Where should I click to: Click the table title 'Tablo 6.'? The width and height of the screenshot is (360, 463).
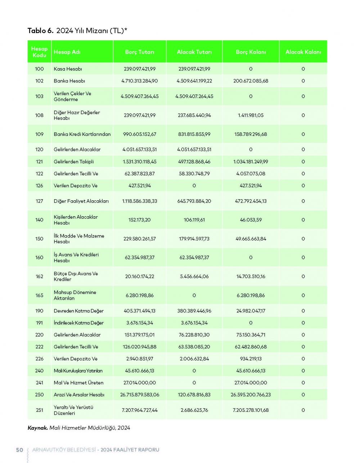(40, 31)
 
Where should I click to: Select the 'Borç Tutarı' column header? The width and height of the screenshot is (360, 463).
(140, 52)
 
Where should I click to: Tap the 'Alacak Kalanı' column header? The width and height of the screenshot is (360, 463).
(303, 52)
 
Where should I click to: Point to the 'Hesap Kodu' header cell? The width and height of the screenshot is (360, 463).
(39, 52)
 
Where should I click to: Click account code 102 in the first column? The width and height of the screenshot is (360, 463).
(39, 81)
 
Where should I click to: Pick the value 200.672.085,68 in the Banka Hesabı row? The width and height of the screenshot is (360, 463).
(251, 81)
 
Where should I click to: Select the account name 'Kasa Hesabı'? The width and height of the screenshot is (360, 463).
(68, 69)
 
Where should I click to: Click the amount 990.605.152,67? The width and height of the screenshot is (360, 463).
(140, 134)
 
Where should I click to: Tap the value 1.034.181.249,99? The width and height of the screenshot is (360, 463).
(251, 161)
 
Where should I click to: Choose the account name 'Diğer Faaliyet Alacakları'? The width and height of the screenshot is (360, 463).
(81, 201)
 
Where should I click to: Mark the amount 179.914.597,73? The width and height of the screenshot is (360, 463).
(194, 239)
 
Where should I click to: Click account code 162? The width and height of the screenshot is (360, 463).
(39, 276)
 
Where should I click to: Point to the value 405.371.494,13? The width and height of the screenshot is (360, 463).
(140, 311)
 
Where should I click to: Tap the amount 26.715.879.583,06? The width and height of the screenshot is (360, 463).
(140, 395)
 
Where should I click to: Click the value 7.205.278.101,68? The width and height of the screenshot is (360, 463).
(251, 410)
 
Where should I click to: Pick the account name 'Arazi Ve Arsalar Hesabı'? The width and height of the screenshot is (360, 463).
(79, 395)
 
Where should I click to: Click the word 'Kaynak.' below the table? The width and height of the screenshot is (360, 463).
(37, 428)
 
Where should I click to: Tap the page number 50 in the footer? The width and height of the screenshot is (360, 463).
(19, 450)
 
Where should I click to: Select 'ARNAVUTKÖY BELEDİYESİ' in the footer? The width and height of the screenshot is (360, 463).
(64, 450)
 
